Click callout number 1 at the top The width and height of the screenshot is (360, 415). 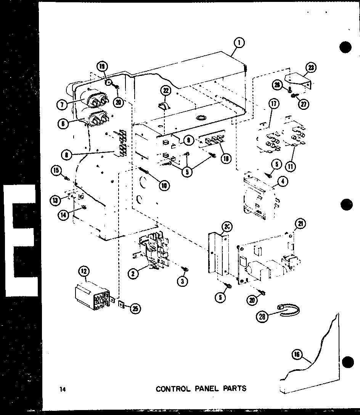(239, 43)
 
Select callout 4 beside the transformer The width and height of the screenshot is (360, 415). (283, 181)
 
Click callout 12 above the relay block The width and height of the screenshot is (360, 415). (84, 272)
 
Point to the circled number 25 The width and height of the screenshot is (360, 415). (134, 309)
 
